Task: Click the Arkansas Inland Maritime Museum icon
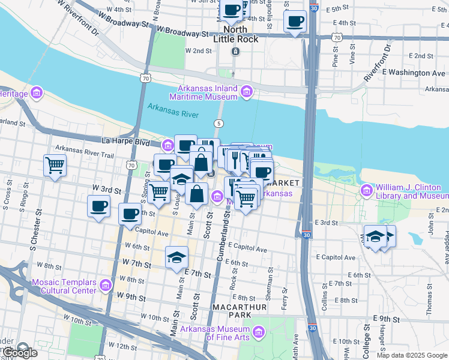(x=246, y=92)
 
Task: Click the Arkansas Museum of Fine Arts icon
(x=259, y=332)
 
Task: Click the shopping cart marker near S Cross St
(x=55, y=164)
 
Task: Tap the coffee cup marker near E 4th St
(x=295, y=23)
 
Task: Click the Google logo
(x=19, y=353)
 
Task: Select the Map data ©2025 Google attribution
(x=412, y=355)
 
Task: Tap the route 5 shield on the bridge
(x=220, y=124)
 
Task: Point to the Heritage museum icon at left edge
(x=37, y=94)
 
